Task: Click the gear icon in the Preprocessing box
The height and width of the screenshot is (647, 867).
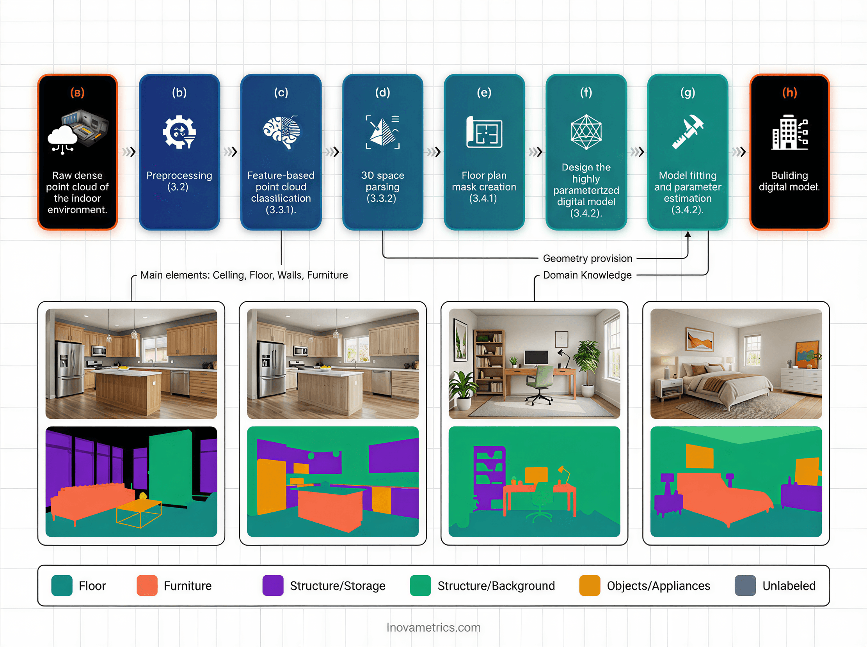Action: point(179,131)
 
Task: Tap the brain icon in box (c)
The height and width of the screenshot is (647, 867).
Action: point(281,132)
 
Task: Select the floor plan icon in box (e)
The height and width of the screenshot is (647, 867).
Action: point(484,132)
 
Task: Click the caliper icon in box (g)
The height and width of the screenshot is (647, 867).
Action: point(688,131)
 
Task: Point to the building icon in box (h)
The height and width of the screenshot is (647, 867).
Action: point(789,132)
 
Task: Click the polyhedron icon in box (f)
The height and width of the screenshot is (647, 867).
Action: point(586,132)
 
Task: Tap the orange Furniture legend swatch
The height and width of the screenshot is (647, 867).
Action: point(147,585)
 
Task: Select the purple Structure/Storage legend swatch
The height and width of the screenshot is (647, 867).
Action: point(273,585)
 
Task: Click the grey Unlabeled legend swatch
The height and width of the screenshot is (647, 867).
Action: point(745,585)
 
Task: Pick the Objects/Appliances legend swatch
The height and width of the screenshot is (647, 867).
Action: point(590,585)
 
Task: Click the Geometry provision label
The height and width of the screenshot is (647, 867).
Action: point(587,259)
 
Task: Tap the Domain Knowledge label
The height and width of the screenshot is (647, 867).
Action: point(587,275)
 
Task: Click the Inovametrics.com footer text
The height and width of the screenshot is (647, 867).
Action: point(433,628)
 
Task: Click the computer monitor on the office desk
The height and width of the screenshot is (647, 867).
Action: point(536,358)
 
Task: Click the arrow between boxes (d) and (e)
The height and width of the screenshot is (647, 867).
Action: point(434,152)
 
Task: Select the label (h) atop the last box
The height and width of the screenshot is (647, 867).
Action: point(789,92)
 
